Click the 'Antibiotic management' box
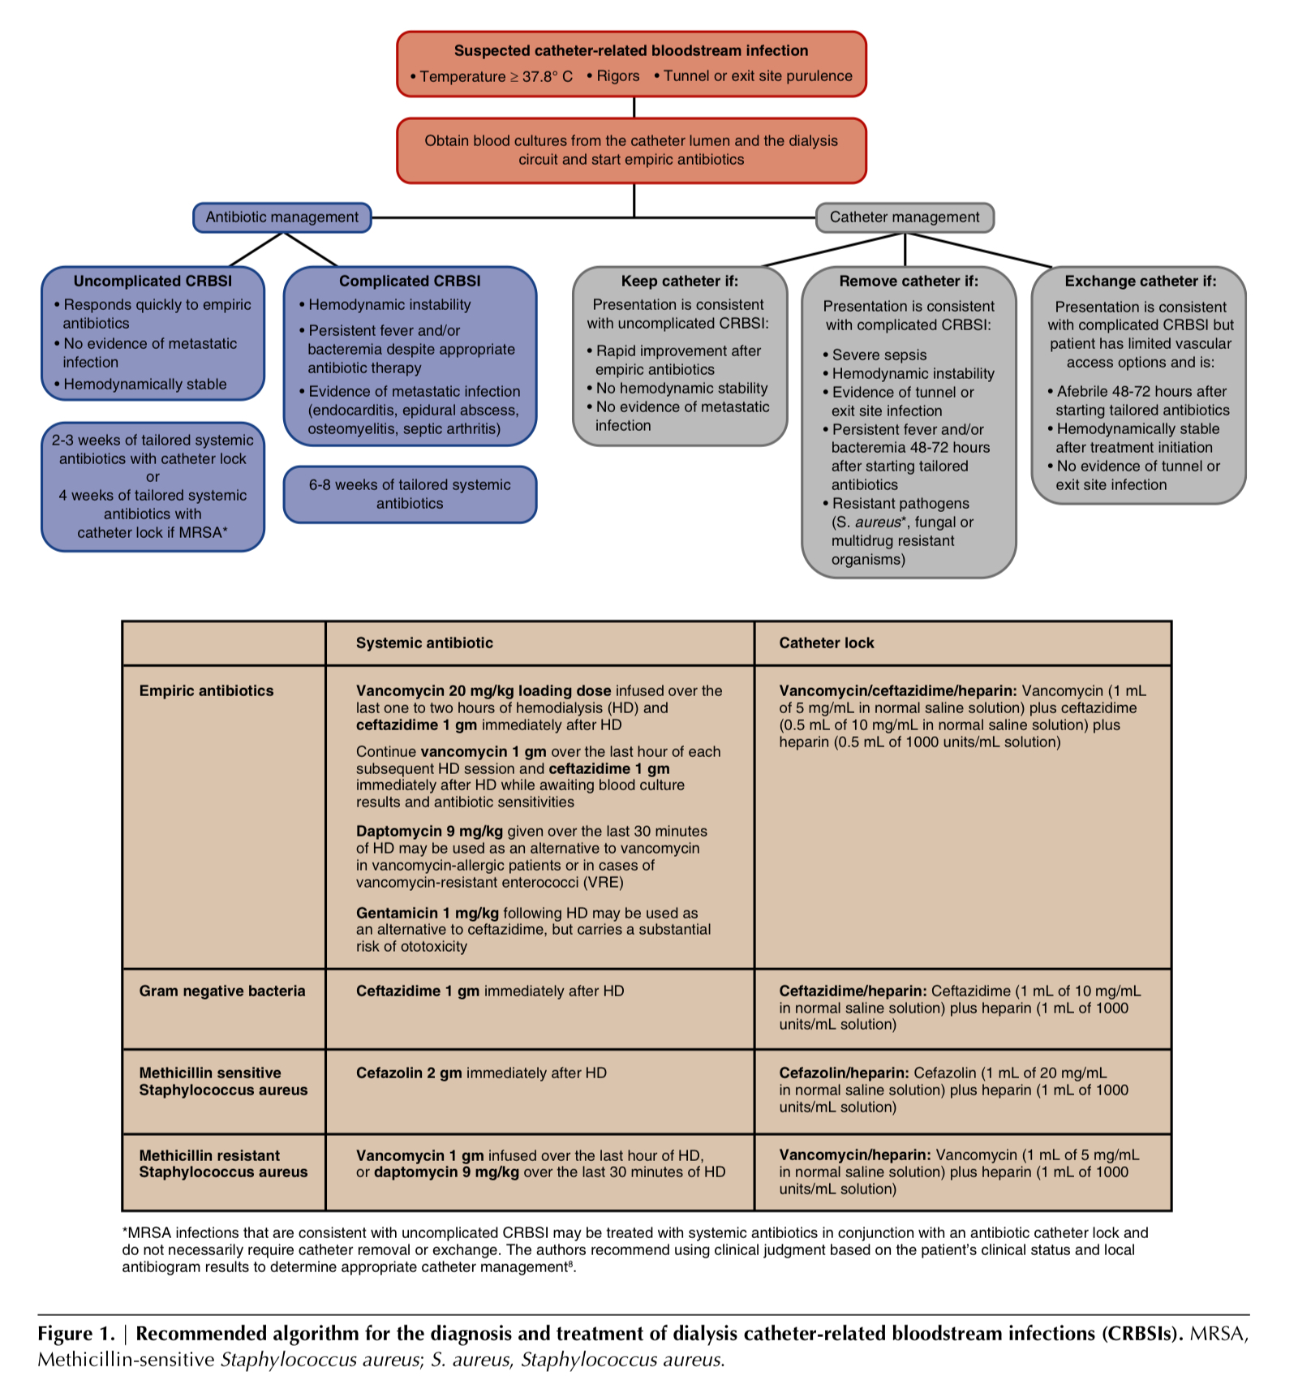click(x=282, y=217)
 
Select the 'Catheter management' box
click(x=904, y=217)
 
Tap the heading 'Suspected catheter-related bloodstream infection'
click(x=630, y=50)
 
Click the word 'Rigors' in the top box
click(x=617, y=76)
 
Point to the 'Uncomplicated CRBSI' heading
click(x=153, y=281)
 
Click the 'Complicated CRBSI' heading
click(x=410, y=281)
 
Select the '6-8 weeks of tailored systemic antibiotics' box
click(x=410, y=494)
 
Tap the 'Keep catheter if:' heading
click(x=679, y=281)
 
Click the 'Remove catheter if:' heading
click(x=909, y=281)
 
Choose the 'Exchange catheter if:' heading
click(x=1140, y=281)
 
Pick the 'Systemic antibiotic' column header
click(x=424, y=643)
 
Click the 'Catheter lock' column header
click(x=827, y=643)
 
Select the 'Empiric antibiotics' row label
click(x=206, y=691)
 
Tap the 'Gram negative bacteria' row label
click(x=222, y=991)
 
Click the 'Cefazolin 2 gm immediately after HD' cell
click(x=481, y=1073)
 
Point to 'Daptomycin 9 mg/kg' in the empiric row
click(x=429, y=832)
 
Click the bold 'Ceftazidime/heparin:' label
click(x=853, y=991)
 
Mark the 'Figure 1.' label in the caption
click(x=76, y=1334)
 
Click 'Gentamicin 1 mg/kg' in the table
click(x=427, y=914)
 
